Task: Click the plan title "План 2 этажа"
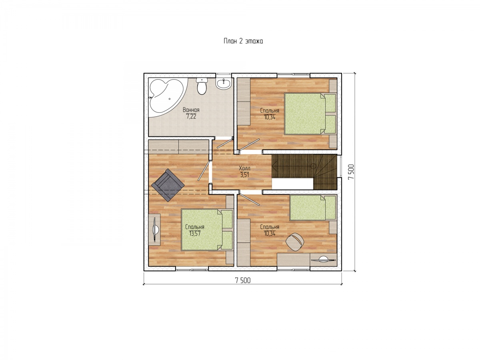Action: (243, 41)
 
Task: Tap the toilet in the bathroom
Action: (202, 86)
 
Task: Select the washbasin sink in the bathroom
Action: (223, 84)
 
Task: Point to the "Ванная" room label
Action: (191, 110)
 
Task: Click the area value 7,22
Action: (191, 116)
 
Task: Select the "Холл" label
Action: (244, 168)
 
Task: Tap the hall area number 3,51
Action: (244, 175)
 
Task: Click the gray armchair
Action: (168, 185)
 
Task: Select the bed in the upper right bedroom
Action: (310, 114)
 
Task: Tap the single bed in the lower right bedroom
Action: (312, 208)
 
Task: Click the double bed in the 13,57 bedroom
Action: (207, 230)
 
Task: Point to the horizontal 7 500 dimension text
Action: (242, 280)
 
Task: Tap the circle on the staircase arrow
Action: (313, 166)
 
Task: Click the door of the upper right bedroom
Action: (250, 144)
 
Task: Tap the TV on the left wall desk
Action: (155, 230)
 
